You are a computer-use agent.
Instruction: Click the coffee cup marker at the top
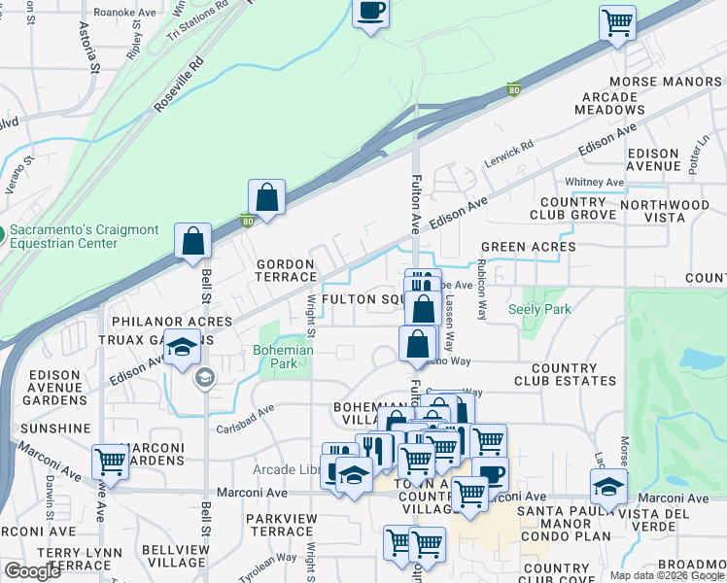pos(369,13)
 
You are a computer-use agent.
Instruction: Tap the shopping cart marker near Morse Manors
pos(618,22)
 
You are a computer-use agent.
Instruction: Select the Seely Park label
pos(539,310)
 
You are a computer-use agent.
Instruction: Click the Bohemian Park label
pos(283,358)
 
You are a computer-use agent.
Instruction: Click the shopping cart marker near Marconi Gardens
pos(110,462)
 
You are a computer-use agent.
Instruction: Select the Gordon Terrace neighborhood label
pos(285,271)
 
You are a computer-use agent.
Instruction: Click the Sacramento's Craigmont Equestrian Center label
pos(84,235)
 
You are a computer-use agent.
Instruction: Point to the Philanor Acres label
pos(171,321)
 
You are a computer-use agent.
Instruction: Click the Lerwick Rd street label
pos(513,154)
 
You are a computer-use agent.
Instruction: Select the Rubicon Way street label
pos(481,290)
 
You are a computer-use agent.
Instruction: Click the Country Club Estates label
pos(563,375)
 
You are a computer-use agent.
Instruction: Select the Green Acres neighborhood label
pos(528,248)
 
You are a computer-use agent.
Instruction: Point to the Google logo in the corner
pos(33,571)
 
